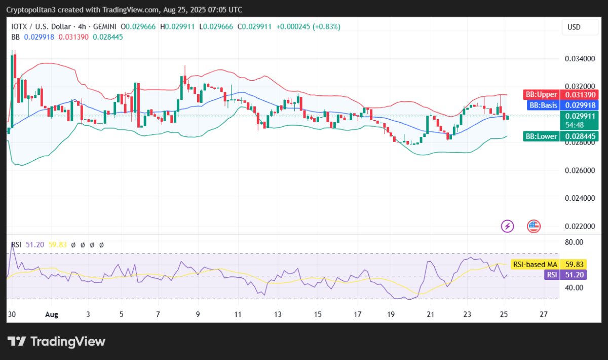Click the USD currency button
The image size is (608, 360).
click(574, 27)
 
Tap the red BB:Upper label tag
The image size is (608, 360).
click(541, 95)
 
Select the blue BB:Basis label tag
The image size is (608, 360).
click(542, 105)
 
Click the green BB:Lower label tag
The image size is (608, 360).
click(541, 136)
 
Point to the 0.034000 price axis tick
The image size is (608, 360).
click(580, 59)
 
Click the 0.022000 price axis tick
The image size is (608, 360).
click(580, 226)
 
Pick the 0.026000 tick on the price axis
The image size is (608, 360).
click(580, 170)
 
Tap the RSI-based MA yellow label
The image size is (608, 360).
click(535, 264)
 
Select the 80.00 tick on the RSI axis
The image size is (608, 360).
click(574, 242)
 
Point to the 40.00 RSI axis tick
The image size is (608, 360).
click(574, 287)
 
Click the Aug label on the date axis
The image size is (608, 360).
click(52, 314)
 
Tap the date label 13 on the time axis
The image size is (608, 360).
click(278, 314)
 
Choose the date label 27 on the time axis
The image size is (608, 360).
click(544, 314)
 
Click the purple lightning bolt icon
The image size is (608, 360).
click(507, 226)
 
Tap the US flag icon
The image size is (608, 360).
click(534, 226)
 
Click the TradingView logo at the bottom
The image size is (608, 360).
click(56, 342)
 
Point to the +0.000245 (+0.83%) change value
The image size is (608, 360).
click(308, 26)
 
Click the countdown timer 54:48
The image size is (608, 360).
click(574, 125)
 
